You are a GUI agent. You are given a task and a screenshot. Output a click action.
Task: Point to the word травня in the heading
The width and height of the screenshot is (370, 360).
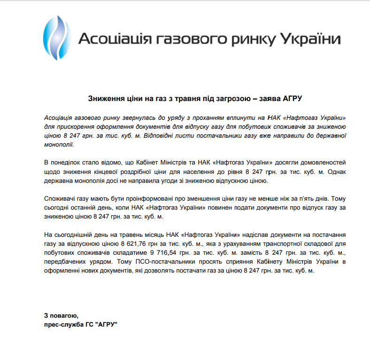coord(178,98)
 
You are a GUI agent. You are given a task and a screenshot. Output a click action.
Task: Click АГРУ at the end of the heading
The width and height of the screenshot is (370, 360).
coord(295,98)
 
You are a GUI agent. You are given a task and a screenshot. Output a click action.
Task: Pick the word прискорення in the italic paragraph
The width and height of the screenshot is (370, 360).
coord(73,127)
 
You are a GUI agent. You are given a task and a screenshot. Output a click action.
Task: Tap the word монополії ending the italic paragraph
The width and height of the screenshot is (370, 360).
coord(58,145)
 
